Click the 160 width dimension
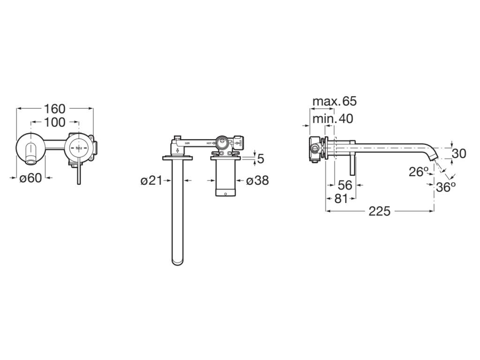[x=55, y=109]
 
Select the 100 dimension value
[x=55, y=123]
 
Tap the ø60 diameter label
[x=30, y=178]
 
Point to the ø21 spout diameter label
[x=151, y=180]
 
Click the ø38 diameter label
[x=257, y=180]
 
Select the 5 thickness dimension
[x=261, y=158]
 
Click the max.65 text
[x=334, y=101]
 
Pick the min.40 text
[x=333, y=119]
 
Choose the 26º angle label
[x=419, y=172]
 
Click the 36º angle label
[x=445, y=187]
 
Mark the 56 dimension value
[x=345, y=185]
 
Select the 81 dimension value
[x=341, y=199]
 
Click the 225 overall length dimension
[x=379, y=211]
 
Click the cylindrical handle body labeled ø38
[x=224, y=178]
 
